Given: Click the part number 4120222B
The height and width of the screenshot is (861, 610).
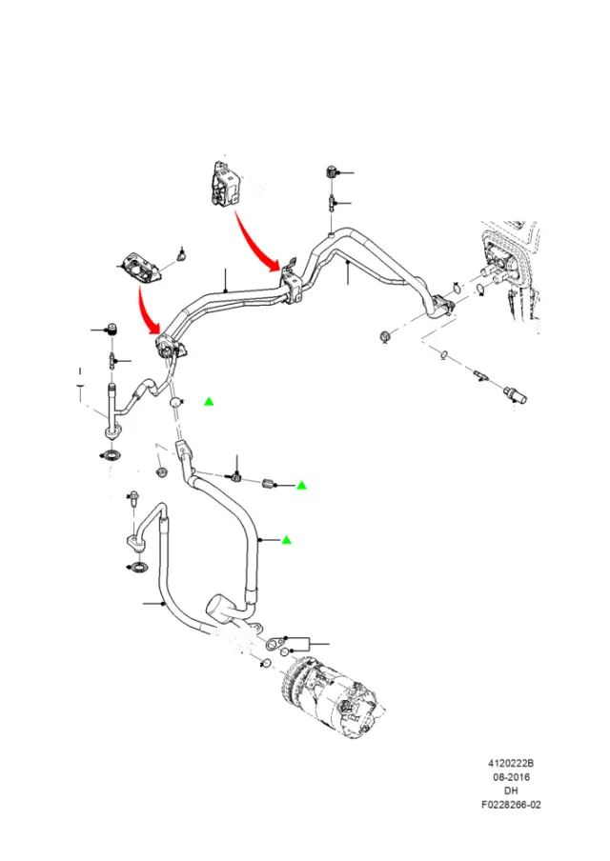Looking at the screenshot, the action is [x=511, y=763].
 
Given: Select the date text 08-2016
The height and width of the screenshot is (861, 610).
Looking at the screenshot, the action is [x=511, y=777].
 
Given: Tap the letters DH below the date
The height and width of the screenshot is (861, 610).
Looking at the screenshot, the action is [x=511, y=791].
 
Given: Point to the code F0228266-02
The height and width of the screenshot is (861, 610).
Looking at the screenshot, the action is [x=511, y=805].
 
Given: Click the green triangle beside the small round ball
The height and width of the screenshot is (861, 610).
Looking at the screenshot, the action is [x=209, y=402].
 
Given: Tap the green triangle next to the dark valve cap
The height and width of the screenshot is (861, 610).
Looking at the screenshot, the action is [x=301, y=486].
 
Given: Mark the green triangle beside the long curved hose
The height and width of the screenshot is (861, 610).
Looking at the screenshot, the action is [x=286, y=540].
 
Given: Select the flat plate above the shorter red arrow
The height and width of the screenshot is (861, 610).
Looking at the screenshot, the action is [x=139, y=268].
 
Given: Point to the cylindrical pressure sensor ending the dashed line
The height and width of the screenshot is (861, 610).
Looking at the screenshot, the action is [x=515, y=396].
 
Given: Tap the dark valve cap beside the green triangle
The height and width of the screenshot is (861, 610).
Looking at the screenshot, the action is [x=268, y=484].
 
